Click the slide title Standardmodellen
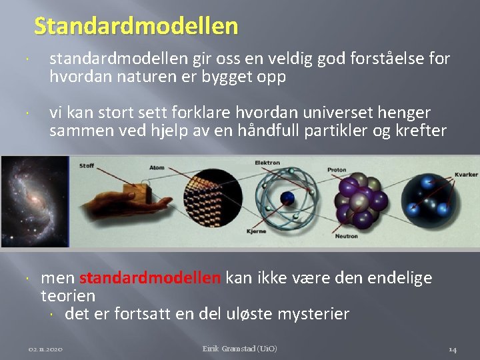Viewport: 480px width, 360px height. [136, 25]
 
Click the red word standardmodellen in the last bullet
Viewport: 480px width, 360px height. [150, 277]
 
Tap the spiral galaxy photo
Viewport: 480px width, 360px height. [35, 201]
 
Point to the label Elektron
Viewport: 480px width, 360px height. [267, 163]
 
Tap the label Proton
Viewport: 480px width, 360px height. [337, 170]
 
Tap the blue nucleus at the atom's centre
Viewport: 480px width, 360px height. [287, 199]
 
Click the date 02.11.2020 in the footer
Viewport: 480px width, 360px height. [46, 349]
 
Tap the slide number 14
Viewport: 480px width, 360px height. [452, 349]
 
